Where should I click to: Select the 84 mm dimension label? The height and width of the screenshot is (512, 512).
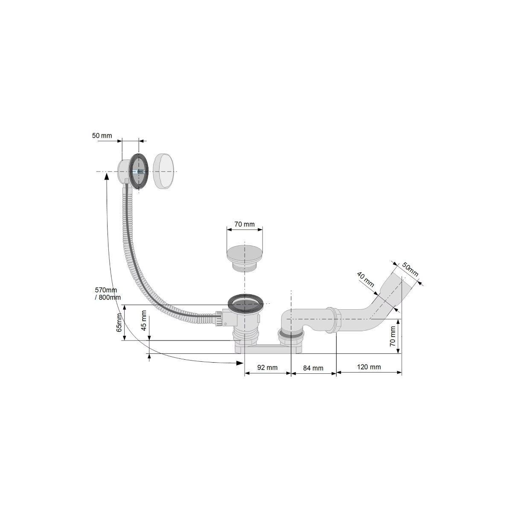pyautogui.click(x=313, y=368)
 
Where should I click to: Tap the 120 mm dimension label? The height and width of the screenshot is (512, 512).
pyautogui.click(x=369, y=367)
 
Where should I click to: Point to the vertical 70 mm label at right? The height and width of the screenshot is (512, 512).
pyautogui.click(x=392, y=336)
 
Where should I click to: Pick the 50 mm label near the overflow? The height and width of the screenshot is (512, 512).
pyautogui.click(x=102, y=136)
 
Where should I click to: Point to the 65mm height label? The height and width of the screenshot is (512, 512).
pyautogui.click(x=119, y=323)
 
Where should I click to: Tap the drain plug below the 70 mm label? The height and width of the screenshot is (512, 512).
pyautogui.click(x=244, y=256)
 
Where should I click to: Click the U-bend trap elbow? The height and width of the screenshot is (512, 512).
pyautogui.click(x=291, y=323)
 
